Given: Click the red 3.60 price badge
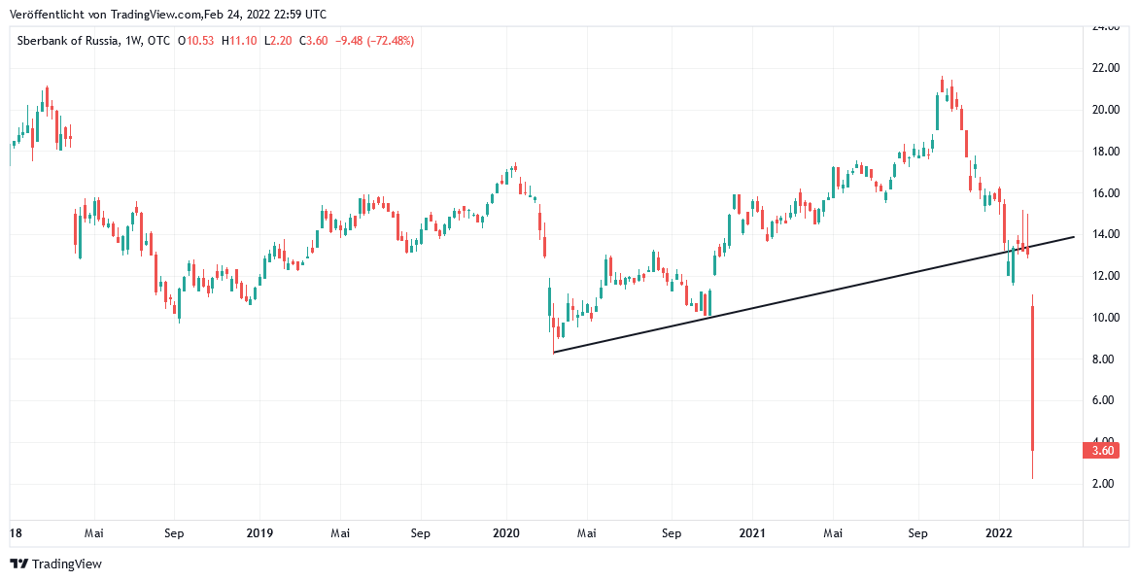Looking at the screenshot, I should point(1102,450).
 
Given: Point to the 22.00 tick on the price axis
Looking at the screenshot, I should point(1102,68).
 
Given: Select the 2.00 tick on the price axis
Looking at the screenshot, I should point(1102,484).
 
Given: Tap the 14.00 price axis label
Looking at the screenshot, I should point(1102,234).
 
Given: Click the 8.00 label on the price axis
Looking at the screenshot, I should point(1102,359).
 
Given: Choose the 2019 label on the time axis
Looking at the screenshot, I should point(259,533).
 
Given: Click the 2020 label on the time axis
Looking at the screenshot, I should point(506,533).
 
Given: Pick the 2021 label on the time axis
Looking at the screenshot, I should point(752,533).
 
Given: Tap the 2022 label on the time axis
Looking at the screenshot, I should point(999,533).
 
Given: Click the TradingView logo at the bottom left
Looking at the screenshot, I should point(55,564).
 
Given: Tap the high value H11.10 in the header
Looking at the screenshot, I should point(238,41).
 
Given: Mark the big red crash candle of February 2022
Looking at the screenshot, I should point(1032,379).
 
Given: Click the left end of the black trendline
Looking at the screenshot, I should point(554,352).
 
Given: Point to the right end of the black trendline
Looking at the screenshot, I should point(1074,236).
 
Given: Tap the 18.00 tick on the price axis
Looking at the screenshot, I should point(1102,152).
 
